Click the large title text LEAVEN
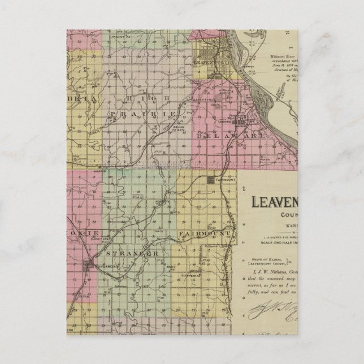point(283,201)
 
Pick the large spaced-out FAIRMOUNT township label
point(205,233)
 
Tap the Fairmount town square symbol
point(210,180)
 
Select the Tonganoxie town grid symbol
point(88,263)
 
